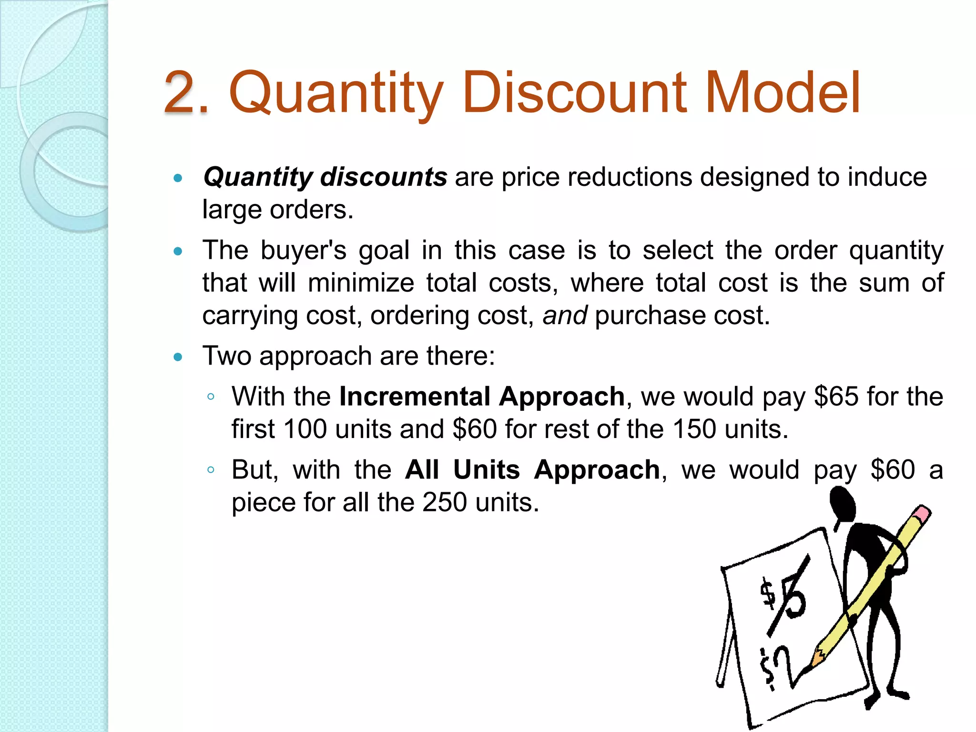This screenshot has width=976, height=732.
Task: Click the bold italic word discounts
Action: tap(384, 177)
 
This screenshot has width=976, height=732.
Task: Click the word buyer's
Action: tap(303, 250)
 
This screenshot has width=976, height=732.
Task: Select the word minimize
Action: tap(361, 283)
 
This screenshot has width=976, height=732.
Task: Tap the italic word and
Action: tap(565, 315)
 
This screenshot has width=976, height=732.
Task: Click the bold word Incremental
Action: tap(415, 396)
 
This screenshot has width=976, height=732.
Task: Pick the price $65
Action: tap(836, 396)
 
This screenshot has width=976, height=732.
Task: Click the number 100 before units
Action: tap(305, 429)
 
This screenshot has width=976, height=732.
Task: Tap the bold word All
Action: tap(422, 470)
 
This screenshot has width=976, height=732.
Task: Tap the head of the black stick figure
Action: tap(843, 505)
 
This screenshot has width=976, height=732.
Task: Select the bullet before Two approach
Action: tap(178, 356)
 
